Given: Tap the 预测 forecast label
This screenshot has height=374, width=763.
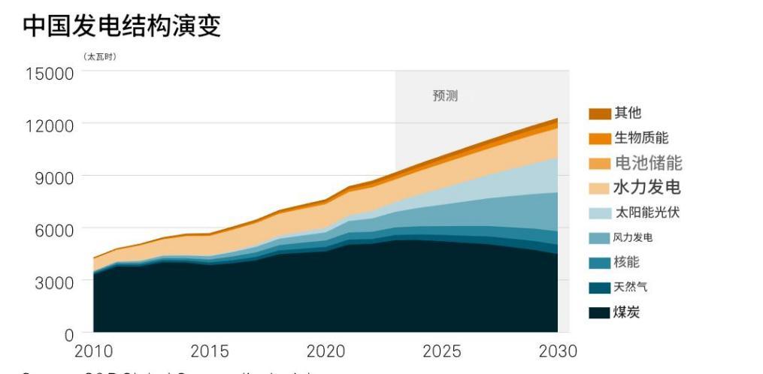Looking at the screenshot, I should (445, 96).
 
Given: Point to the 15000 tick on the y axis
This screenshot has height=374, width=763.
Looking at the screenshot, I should (49, 74).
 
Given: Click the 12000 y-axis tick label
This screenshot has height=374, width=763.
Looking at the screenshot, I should (49, 125).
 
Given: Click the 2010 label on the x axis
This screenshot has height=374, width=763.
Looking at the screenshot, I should (93, 351).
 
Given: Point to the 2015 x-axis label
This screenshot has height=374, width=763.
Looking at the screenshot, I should (210, 351).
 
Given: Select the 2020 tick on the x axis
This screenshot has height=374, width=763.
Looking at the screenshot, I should (325, 351).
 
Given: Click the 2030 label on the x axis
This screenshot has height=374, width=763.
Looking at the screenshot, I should (557, 351).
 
